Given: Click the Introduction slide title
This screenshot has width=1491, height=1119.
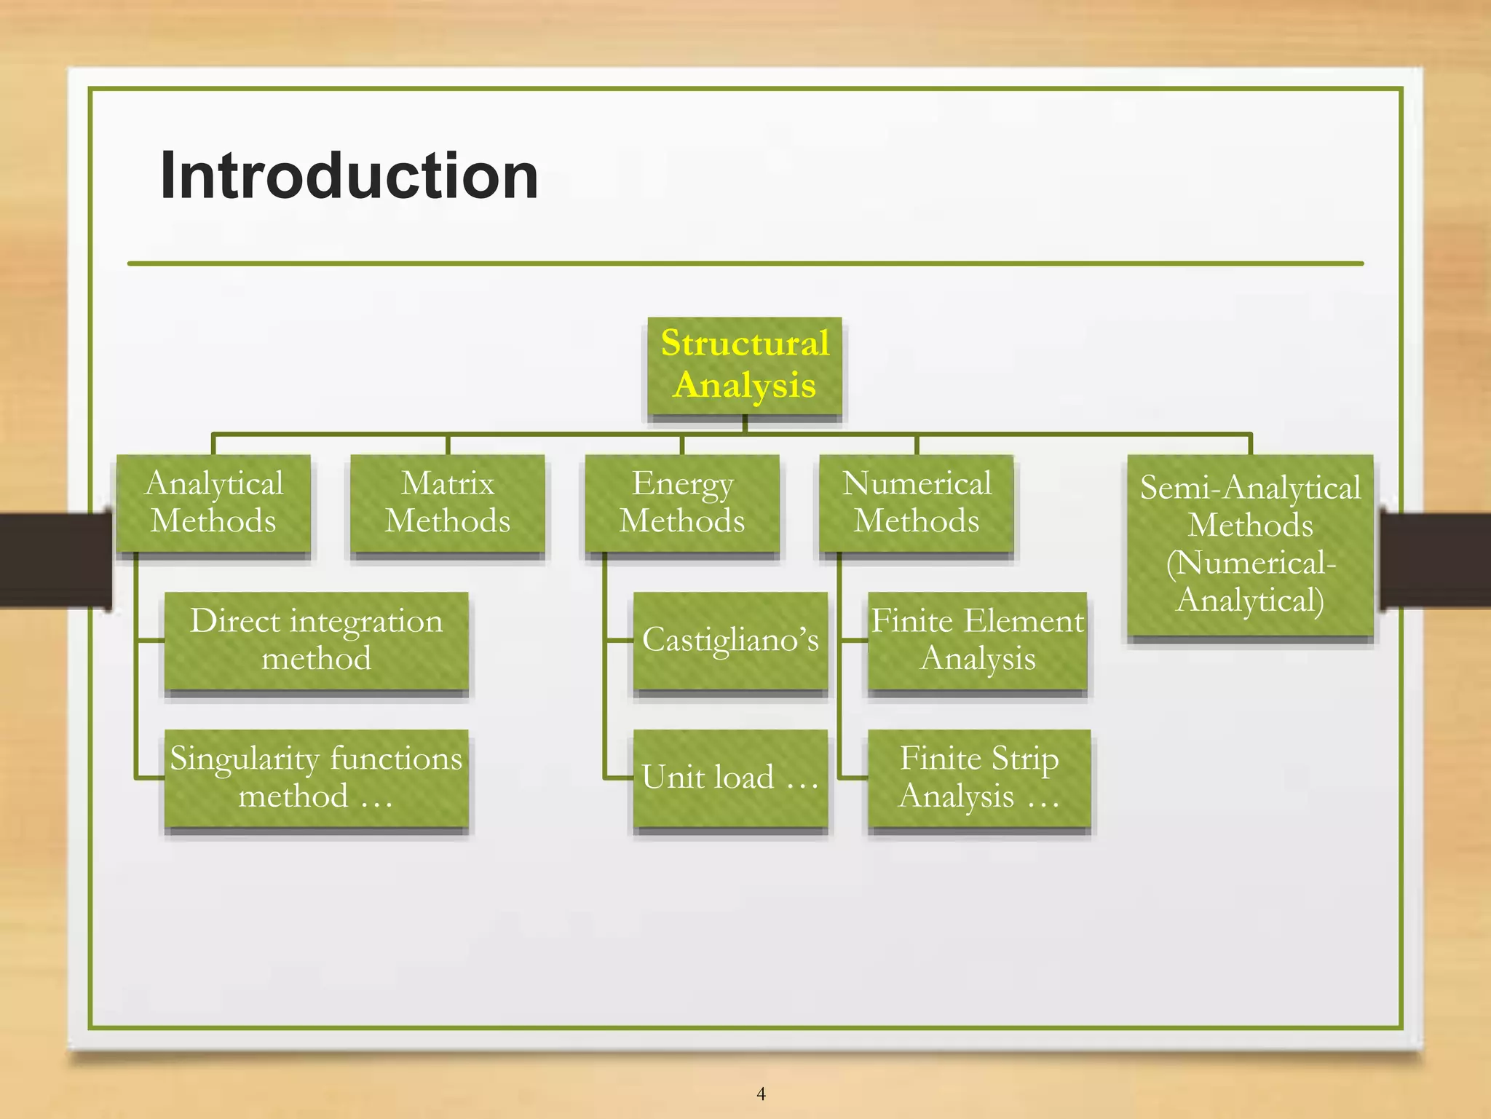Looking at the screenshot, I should click(x=349, y=175).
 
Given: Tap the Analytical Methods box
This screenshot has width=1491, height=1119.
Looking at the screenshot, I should click(x=213, y=503).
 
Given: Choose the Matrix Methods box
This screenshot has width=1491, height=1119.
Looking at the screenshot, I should click(x=447, y=503).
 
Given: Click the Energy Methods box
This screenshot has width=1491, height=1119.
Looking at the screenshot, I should click(x=682, y=503).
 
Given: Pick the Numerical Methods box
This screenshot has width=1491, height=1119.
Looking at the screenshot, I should click(x=916, y=503).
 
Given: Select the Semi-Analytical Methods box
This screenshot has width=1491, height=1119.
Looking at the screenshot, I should click(x=1250, y=545).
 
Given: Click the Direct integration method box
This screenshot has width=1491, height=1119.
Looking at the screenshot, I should click(x=316, y=640).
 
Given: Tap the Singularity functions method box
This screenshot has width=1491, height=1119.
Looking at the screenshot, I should click(x=316, y=778).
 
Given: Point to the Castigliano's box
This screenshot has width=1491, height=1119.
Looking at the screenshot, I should click(x=730, y=640).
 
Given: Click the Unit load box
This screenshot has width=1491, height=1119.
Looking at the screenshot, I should click(x=730, y=778).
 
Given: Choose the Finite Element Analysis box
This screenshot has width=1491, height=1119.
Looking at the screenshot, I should click(x=977, y=640).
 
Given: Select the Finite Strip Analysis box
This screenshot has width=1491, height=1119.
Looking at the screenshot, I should click(x=978, y=778).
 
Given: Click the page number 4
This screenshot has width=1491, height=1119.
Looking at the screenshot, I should click(x=761, y=1094).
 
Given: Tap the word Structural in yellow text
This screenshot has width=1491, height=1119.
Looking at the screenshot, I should click(x=744, y=343).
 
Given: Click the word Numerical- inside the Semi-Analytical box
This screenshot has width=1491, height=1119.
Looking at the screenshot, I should click(x=1251, y=563).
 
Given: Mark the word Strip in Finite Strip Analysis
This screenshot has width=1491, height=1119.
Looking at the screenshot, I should click(x=1024, y=759).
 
